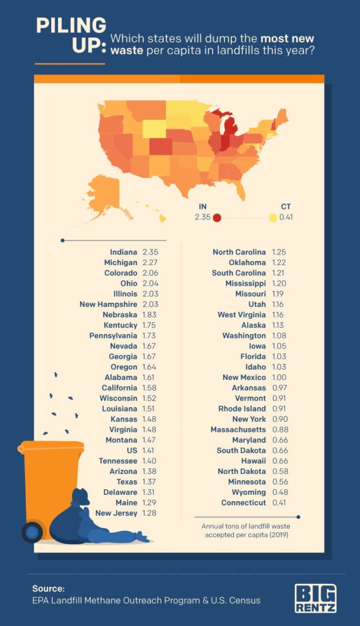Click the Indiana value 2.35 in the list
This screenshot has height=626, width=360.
point(150,252)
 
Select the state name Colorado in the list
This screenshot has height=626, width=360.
point(120,273)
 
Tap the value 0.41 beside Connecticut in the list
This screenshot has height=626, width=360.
point(280,503)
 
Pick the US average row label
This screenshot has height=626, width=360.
point(132,450)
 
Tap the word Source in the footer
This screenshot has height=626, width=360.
point(48,589)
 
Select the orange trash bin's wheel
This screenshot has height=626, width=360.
point(31,531)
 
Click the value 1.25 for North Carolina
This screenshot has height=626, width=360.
point(280,252)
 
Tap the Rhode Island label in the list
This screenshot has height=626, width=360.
point(242,409)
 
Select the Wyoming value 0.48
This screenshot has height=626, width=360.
point(280,493)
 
